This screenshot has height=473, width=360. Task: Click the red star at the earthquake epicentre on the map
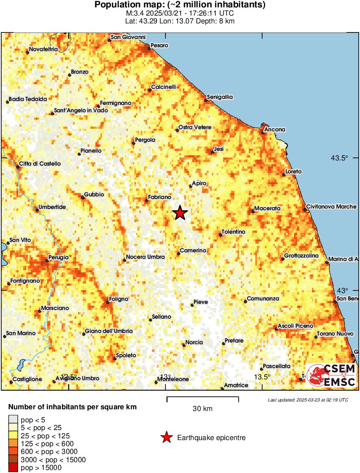(180, 213)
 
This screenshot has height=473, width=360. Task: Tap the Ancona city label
(276, 130)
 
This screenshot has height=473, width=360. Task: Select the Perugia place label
(58, 258)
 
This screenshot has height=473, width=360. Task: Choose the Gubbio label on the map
(94, 195)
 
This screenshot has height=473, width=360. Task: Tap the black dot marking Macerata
(253, 212)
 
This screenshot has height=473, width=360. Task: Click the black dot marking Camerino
(178, 254)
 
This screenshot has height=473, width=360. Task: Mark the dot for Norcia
(184, 345)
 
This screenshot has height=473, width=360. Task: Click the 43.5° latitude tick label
(340, 158)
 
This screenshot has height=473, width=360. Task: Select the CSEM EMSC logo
(331, 375)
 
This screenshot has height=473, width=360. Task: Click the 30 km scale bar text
(202, 408)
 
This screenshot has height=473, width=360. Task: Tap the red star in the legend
(166, 438)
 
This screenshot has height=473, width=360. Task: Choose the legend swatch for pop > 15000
(13, 468)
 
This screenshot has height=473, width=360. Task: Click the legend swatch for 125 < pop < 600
(13, 444)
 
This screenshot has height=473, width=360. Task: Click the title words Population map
(127, 5)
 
